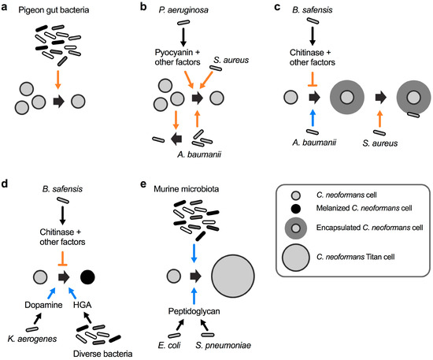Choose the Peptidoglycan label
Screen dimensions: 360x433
pos(195,312)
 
